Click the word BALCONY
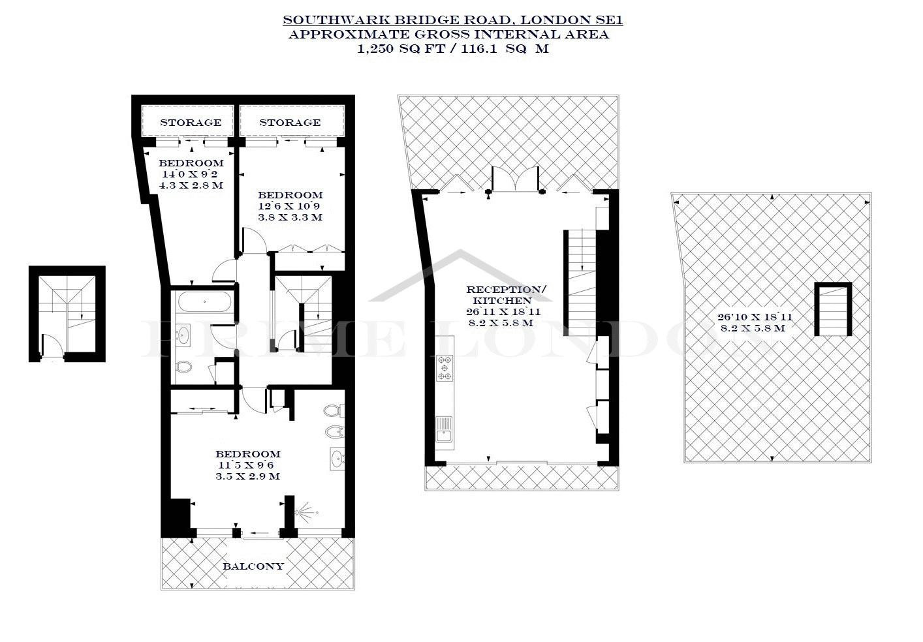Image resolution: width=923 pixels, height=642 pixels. point(253,566)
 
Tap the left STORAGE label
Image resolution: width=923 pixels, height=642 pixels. point(191,122)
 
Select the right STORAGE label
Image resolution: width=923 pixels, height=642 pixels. point(290,122)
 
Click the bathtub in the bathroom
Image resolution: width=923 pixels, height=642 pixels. point(205,302)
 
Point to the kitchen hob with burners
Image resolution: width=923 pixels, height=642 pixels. point(445,367)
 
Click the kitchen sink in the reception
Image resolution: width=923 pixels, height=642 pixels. point(444,429)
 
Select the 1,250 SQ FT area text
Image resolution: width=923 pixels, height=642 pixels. point(401,49)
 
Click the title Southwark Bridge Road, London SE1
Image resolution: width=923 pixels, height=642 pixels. point(452,20)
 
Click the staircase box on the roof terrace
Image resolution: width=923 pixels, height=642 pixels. point(833,309)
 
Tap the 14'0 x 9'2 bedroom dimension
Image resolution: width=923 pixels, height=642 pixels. point(190,174)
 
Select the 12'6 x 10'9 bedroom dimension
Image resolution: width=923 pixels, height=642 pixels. point(289,206)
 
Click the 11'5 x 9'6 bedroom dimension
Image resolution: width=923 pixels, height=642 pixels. point(246,465)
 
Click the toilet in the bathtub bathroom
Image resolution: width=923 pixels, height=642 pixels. point(184,367)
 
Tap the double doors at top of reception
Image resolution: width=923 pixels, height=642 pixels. point(515,179)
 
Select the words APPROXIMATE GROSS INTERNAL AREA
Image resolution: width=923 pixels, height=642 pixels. point(448,34)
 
